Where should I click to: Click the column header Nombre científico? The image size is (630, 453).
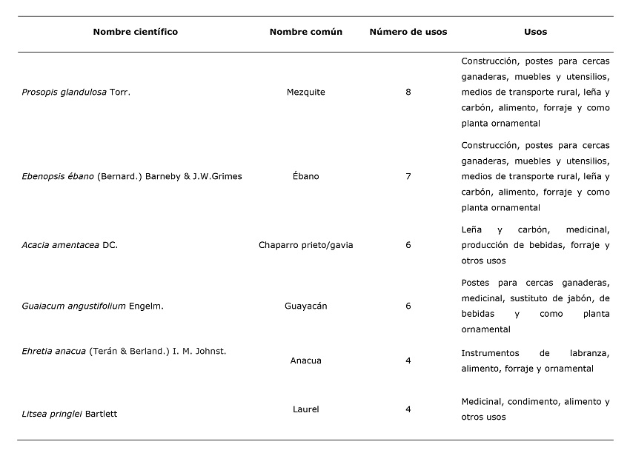tap(136, 32)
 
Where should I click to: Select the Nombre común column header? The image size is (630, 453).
tap(305, 32)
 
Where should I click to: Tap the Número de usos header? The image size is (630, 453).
tap(408, 32)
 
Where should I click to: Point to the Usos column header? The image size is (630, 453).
tap(535, 32)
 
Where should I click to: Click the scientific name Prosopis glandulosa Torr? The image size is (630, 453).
tap(76, 93)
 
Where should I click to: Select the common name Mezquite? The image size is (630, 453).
tap(305, 93)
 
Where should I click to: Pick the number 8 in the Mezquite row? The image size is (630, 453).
tap(408, 93)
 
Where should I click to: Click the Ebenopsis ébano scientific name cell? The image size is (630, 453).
tap(132, 176)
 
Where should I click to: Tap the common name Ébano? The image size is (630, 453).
tap(305, 176)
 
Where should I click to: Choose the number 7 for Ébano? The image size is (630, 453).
tap(408, 176)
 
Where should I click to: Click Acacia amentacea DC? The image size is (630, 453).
tap(70, 245)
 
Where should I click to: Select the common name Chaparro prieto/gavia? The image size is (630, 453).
tap(305, 245)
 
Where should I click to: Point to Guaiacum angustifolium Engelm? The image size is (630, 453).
tap(93, 306)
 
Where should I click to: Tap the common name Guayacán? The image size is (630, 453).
tap(305, 306)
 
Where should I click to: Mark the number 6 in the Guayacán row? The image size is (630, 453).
tap(408, 306)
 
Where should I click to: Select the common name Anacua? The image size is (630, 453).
tap(305, 361)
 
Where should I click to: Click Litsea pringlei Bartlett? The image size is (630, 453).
tap(70, 414)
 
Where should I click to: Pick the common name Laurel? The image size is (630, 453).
tap(305, 409)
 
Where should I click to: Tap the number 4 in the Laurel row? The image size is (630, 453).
tap(408, 409)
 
